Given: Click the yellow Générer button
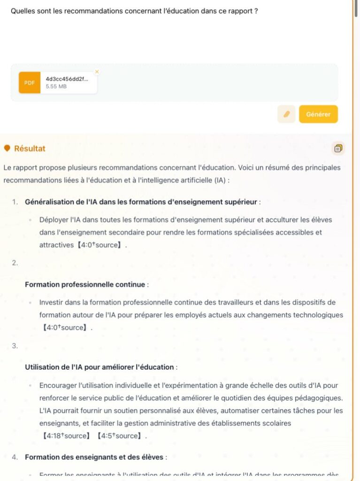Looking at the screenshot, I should tap(318, 114).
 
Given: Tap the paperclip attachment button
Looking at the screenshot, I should tap(286, 114).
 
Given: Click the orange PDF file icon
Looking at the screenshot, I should tap(30, 83).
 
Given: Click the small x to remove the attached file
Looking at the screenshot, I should tap(97, 71).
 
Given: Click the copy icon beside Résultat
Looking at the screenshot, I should tap(338, 148).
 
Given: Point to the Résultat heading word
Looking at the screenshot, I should tap(30, 148).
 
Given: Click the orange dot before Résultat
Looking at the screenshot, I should tap(7, 148).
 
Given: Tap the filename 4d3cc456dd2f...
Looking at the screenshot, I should tap(67, 78).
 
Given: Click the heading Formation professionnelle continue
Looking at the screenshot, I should tap(85, 284).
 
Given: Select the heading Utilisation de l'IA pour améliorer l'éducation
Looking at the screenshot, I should tap(100, 367).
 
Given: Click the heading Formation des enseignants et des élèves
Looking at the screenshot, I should tap(94, 457).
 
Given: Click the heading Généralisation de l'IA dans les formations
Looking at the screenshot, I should tap(141, 202).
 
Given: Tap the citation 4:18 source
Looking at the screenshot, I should tap(66, 436).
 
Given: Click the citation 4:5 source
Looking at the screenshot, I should tap(119, 436).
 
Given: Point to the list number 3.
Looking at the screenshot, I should tap(15, 346).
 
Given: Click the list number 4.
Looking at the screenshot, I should tap(15, 457).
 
